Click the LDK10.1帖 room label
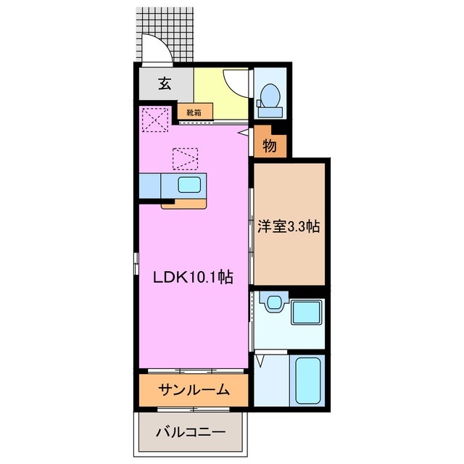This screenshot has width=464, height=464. tap(192, 276)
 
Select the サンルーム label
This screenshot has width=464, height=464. tap(194, 390)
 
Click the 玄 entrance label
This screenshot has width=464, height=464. tap(165, 84)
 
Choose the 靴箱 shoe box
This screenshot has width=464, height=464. tap(194, 112)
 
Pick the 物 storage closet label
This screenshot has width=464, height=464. tap(269, 145)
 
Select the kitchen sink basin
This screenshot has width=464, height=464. tap(189, 184)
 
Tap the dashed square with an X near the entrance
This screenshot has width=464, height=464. tap(155, 120)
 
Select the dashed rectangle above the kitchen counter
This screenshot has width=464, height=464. tap(185, 157)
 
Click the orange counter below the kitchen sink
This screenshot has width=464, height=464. tap(184, 202)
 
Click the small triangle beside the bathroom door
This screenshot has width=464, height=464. tap(260, 358)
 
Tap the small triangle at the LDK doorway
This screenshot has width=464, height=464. tap(241, 133)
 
